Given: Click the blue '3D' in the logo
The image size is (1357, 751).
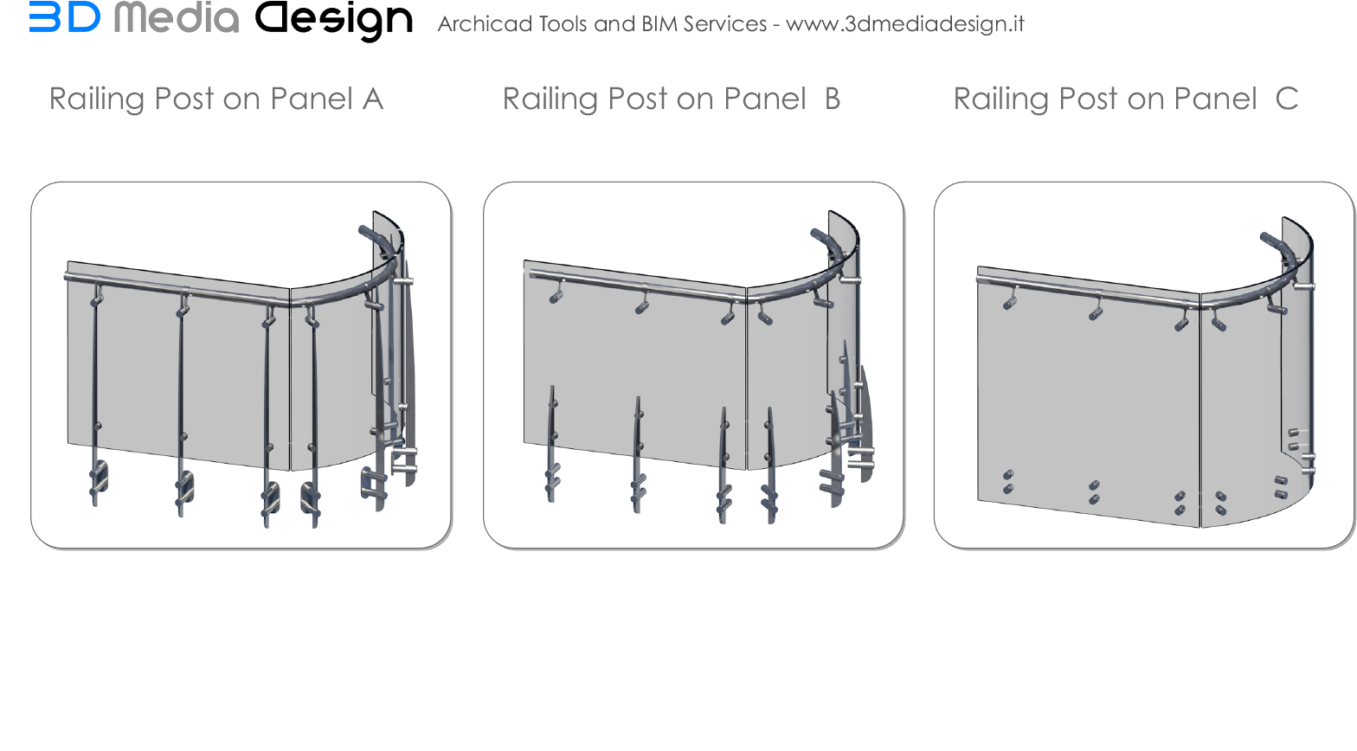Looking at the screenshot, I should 64,16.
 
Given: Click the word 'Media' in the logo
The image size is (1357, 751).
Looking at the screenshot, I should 177,17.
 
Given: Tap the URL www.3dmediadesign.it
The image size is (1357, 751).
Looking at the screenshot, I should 904,23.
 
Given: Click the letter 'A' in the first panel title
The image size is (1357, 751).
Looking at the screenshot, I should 373,99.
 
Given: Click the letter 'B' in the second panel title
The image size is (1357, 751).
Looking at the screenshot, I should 833,99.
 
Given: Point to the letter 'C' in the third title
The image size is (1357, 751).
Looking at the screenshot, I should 1287,99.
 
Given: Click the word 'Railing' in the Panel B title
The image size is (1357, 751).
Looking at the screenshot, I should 550,99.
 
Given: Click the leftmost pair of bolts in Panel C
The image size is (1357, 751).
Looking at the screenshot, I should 1007,482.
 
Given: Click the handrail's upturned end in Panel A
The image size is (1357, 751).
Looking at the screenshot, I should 369,233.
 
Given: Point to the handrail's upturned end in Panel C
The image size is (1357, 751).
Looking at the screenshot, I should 1270,240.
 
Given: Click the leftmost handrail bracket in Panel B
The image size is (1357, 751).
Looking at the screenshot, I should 556,294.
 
